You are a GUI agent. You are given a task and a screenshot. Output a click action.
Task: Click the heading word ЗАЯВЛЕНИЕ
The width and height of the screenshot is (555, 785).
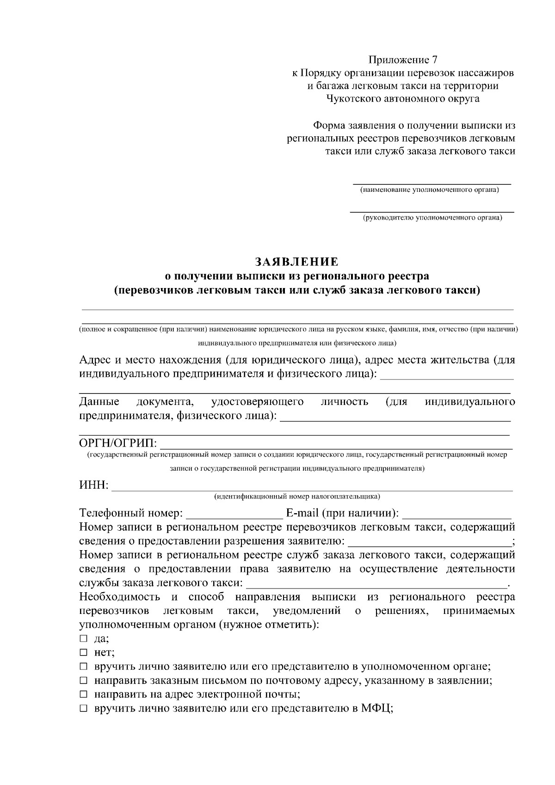(x=296, y=262)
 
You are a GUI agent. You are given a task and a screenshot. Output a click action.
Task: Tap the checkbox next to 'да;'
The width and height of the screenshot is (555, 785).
(x=83, y=638)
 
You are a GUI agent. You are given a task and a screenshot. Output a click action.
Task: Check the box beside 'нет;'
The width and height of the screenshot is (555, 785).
(x=83, y=652)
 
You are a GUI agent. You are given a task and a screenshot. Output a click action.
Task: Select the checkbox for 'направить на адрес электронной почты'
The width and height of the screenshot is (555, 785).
(x=83, y=694)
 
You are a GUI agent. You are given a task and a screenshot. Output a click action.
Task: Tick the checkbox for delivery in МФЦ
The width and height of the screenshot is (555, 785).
(x=83, y=708)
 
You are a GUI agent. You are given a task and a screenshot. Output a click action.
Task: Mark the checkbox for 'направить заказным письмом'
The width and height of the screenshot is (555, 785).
(x=83, y=681)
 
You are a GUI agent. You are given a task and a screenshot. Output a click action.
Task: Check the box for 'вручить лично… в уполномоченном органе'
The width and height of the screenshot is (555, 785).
(x=83, y=666)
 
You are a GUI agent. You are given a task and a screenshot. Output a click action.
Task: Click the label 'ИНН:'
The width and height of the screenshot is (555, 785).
(x=94, y=485)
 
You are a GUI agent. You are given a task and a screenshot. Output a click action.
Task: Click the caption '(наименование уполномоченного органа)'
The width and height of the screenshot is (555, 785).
(x=429, y=190)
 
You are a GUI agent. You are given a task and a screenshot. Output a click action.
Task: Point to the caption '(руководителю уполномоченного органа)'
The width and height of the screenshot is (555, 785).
(x=432, y=217)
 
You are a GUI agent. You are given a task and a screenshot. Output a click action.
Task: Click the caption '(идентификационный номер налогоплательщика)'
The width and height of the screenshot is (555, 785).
(x=296, y=497)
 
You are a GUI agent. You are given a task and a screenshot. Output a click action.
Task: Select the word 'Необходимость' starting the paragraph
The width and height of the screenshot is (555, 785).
(x=119, y=597)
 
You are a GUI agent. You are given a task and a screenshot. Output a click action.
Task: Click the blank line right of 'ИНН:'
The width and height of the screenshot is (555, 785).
(x=312, y=488)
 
